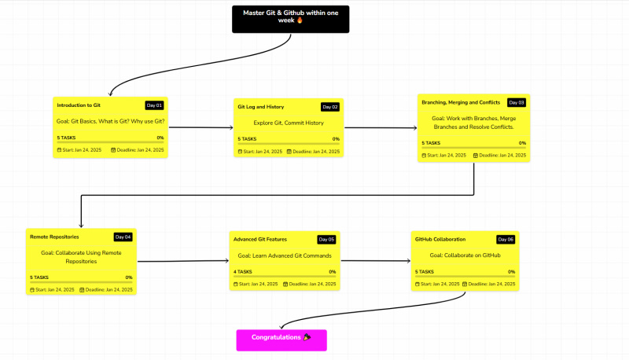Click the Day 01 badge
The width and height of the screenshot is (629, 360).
coord(154,105)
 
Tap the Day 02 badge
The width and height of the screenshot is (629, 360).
coord(330,107)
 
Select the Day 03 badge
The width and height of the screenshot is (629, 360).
coord(517,103)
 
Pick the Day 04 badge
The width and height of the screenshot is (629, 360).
coord(123,237)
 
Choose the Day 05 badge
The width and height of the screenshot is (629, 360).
coord(326,239)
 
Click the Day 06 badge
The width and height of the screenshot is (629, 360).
coord(506,239)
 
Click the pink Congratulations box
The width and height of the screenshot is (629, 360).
coord(281,340)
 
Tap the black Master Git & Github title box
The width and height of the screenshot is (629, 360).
coord(290,19)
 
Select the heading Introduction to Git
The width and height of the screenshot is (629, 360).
coord(79,105)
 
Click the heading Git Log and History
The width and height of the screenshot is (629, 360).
coord(261,107)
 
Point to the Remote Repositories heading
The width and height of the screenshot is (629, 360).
coord(54,237)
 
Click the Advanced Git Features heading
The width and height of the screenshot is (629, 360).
coord(260,239)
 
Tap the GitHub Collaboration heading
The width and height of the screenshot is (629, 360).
coord(440,239)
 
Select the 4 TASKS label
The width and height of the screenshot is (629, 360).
coord(243,271)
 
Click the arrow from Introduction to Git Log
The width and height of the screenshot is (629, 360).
coord(201,127)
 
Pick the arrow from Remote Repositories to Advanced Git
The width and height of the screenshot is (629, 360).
coord(183,261)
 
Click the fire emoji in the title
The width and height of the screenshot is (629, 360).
coord(300,20)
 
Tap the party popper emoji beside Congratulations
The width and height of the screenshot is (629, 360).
coord(307,337)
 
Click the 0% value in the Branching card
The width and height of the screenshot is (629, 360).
coord(522,143)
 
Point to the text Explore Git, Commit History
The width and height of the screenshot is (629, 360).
coord(289,123)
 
